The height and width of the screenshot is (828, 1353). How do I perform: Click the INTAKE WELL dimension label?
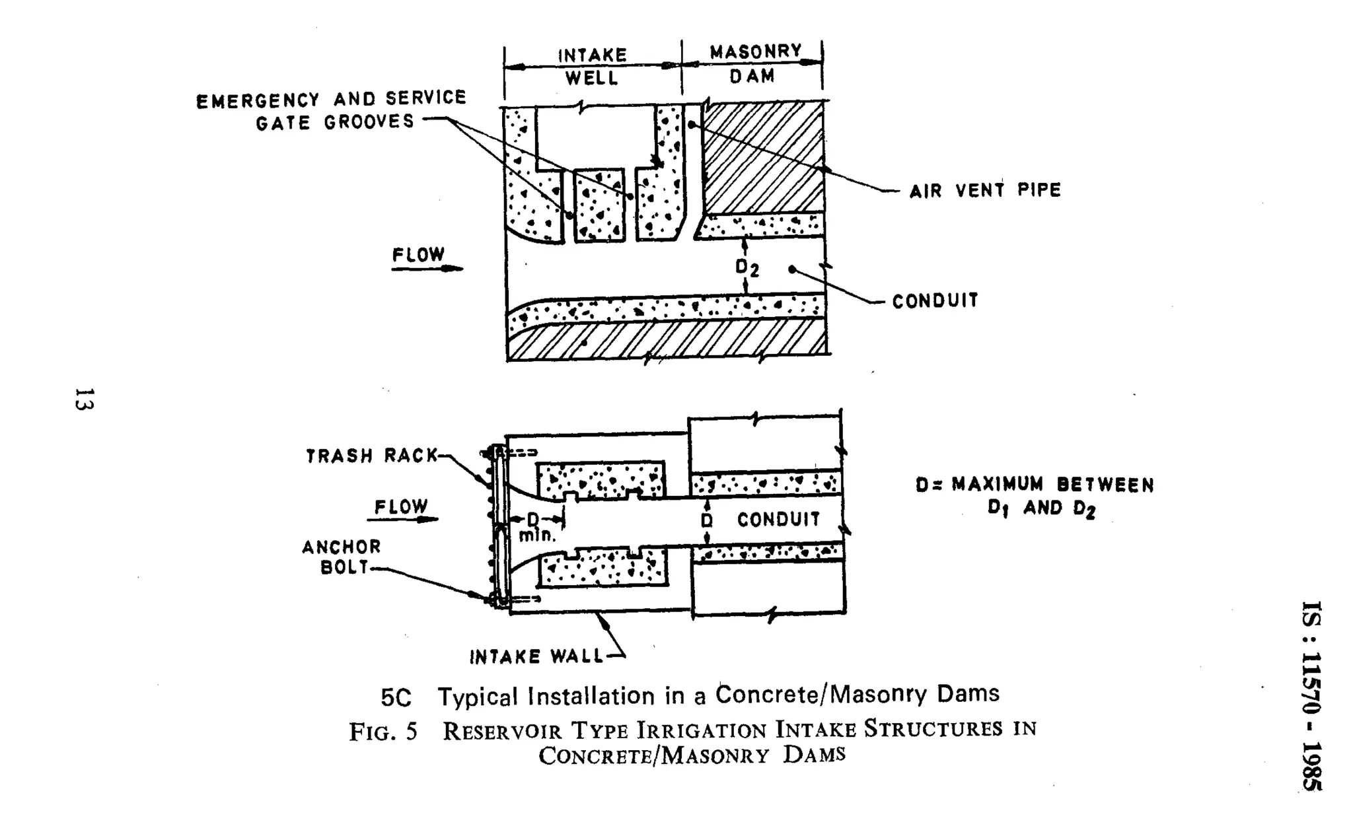[x=592, y=66]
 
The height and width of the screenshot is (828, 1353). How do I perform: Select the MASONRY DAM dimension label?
[x=754, y=63]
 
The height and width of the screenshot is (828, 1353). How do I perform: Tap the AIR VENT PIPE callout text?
[x=984, y=191]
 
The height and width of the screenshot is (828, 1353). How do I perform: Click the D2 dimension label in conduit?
[x=747, y=267]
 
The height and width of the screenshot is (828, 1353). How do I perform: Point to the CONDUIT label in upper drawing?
[x=935, y=301]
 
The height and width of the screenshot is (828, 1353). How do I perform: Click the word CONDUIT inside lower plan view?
[x=778, y=520]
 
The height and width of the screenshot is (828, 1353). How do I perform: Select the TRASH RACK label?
[x=372, y=456]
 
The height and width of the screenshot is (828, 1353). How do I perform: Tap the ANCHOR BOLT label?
[x=342, y=557]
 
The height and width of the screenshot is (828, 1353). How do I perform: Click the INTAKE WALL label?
[x=536, y=656]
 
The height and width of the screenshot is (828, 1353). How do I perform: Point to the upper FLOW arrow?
[x=427, y=268]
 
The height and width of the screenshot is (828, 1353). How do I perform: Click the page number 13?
[x=84, y=399]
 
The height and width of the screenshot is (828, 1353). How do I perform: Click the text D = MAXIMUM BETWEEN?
[x=1035, y=485]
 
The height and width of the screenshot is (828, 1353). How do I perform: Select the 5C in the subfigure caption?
[x=396, y=697]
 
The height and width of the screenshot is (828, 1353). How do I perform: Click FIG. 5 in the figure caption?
[x=383, y=732]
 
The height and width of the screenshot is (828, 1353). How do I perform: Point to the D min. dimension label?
[x=536, y=528]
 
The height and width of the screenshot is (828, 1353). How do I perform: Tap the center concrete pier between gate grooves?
[x=599, y=205]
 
